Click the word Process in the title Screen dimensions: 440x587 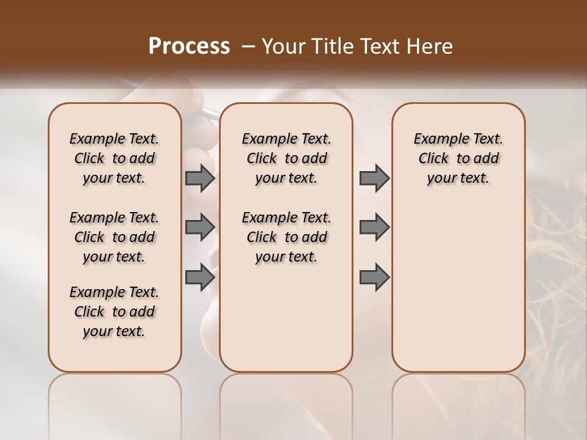189,46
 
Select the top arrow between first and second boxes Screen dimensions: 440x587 199,178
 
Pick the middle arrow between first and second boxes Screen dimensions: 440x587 199,227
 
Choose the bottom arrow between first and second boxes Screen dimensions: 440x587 199,277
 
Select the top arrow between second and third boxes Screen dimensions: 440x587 374,178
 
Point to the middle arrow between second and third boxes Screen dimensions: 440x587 374,227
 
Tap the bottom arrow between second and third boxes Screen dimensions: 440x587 374,277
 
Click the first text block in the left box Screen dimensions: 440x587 114,158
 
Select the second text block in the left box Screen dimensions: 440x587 114,237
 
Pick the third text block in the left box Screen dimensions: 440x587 114,312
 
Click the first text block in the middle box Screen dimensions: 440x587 286,158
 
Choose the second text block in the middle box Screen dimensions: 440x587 286,237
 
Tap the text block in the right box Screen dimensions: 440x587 458,158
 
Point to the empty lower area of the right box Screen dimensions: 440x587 458,287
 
